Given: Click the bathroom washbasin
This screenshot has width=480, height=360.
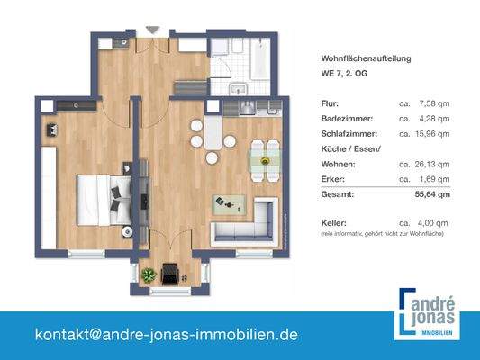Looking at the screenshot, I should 239,88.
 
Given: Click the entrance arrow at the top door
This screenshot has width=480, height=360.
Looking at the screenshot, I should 151,30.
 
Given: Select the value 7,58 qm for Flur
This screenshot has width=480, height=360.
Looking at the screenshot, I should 437,103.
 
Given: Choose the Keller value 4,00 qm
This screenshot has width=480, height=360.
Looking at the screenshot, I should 437,221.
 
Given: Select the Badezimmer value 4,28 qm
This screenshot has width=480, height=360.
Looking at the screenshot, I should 437,118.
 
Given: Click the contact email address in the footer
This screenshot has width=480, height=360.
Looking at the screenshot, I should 166,334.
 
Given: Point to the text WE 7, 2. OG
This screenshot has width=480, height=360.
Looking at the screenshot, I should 343,74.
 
